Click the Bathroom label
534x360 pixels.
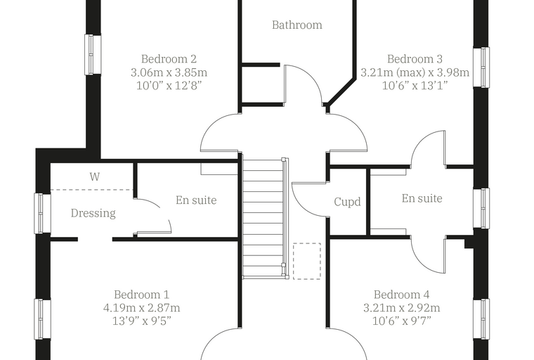297,25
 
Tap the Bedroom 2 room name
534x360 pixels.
169,59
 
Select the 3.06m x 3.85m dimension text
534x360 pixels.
169,72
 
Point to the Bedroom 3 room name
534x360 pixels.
415,59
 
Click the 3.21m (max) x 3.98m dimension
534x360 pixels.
415,72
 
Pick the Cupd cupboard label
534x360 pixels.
347,202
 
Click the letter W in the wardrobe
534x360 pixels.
95,176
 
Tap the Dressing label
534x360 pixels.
93,214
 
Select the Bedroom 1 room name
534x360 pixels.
142,295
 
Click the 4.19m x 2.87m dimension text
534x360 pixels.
142,308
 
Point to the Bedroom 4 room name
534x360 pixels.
401,295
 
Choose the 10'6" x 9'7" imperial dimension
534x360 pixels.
401,321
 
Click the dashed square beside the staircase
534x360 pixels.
307,261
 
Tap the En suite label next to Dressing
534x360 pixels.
196,200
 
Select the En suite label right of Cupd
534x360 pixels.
422,198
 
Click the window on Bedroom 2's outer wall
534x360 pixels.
93,55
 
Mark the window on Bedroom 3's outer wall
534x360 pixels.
481,67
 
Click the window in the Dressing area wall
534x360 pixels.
43,214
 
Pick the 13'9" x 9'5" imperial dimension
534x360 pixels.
142,321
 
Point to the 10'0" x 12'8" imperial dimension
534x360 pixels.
169,86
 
